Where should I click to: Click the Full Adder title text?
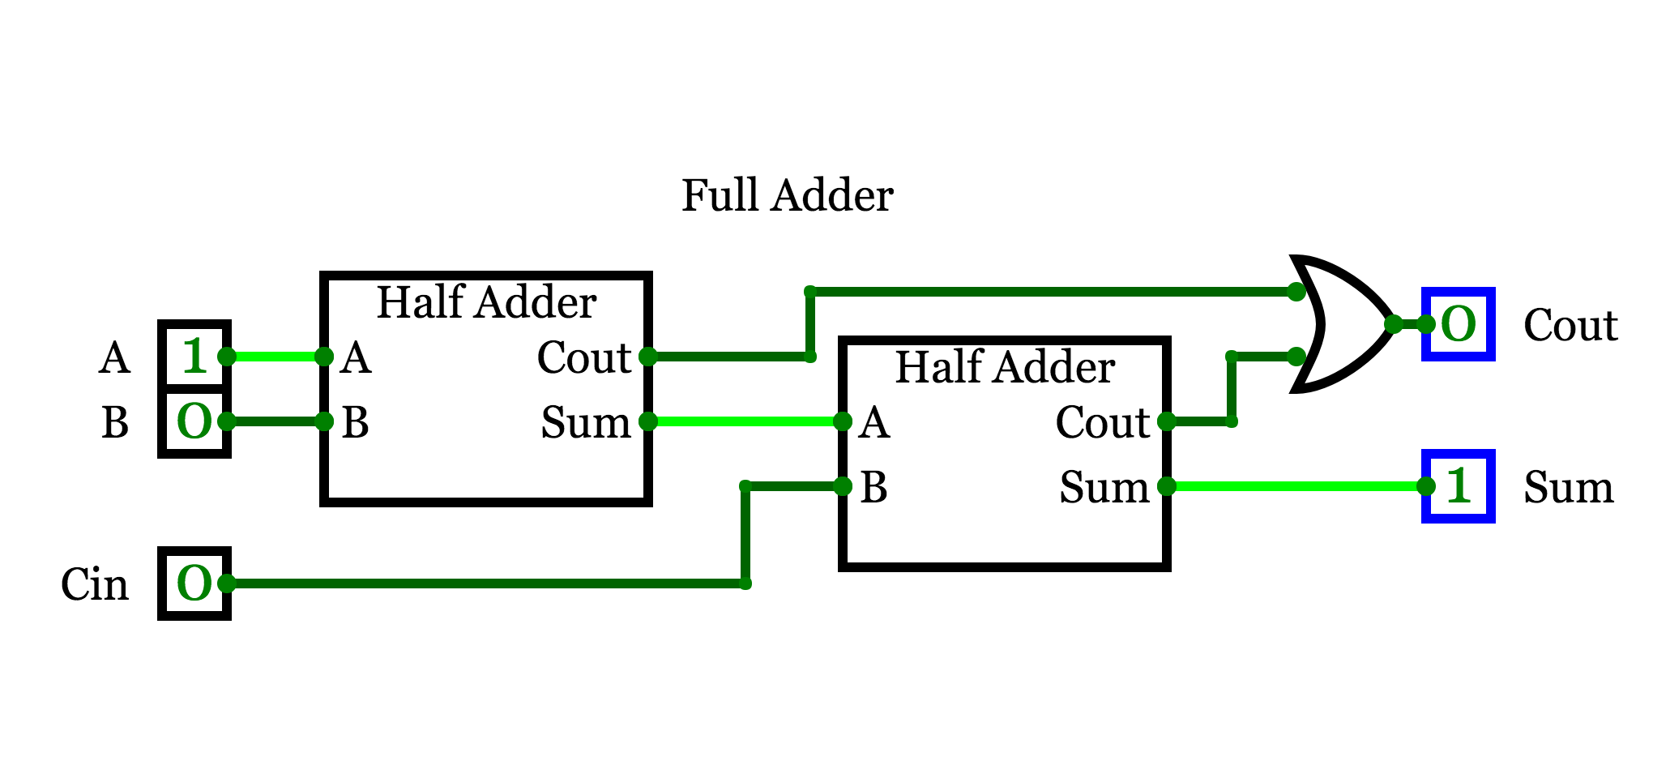click(x=787, y=195)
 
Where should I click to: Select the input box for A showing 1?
click(x=194, y=355)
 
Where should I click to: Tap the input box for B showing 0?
click(x=194, y=422)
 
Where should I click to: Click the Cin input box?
click(x=194, y=583)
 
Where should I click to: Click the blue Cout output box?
click(x=1459, y=324)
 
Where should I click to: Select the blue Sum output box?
click(x=1459, y=486)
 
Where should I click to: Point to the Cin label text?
click(x=95, y=584)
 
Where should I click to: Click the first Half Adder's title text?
click(x=486, y=302)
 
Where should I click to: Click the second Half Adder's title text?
click(x=1005, y=367)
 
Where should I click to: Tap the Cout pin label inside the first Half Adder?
click(x=584, y=357)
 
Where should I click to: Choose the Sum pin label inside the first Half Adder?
click(x=586, y=422)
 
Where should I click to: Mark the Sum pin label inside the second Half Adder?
click(x=1104, y=487)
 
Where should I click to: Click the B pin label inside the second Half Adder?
click(x=873, y=487)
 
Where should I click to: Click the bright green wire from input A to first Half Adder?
click(x=275, y=357)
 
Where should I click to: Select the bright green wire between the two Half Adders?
click(x=745, y=421)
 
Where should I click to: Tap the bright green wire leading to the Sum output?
click(x=1296, y=486)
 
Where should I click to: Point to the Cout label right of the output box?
click(x=1570, y=325)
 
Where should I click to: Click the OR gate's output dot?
click(x=1394, y=324)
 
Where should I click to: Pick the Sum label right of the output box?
click(x=1569, y=487)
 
